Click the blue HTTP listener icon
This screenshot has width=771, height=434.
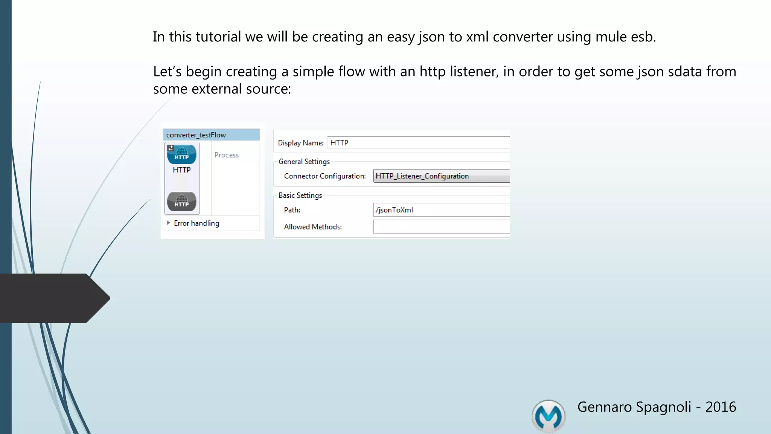181,154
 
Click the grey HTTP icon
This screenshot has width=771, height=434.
181,201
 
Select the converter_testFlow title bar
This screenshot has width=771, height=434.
211,135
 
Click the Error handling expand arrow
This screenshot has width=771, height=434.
168,223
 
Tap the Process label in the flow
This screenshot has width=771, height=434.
226,155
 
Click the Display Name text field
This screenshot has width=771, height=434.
418,143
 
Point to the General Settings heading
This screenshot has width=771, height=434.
304,162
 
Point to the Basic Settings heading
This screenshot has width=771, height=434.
300,196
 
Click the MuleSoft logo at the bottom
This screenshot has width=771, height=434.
548,416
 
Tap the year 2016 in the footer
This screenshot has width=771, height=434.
720,407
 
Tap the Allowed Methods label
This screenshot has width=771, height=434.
312,227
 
